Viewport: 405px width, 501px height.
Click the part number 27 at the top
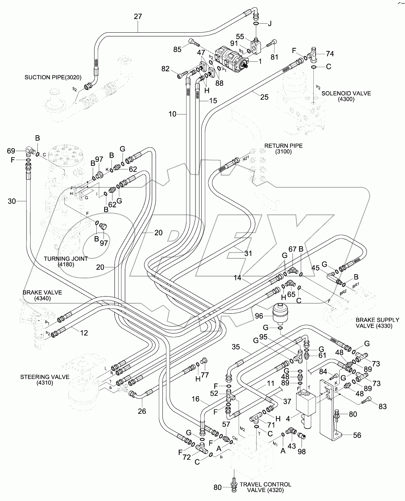pos(138,17)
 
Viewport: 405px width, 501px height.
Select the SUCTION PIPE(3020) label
pos(53,78)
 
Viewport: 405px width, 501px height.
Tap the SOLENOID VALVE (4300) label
pos(346,96)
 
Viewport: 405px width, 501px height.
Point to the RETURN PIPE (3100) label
pos(283,149)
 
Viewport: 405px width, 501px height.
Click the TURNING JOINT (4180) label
pos(66,262)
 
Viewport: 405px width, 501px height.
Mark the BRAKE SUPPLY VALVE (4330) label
pos(377,323)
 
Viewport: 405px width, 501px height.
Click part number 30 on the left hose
pos(12,202)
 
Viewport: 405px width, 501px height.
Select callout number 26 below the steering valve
pos(142,411)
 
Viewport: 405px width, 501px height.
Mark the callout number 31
pos(248,253)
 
